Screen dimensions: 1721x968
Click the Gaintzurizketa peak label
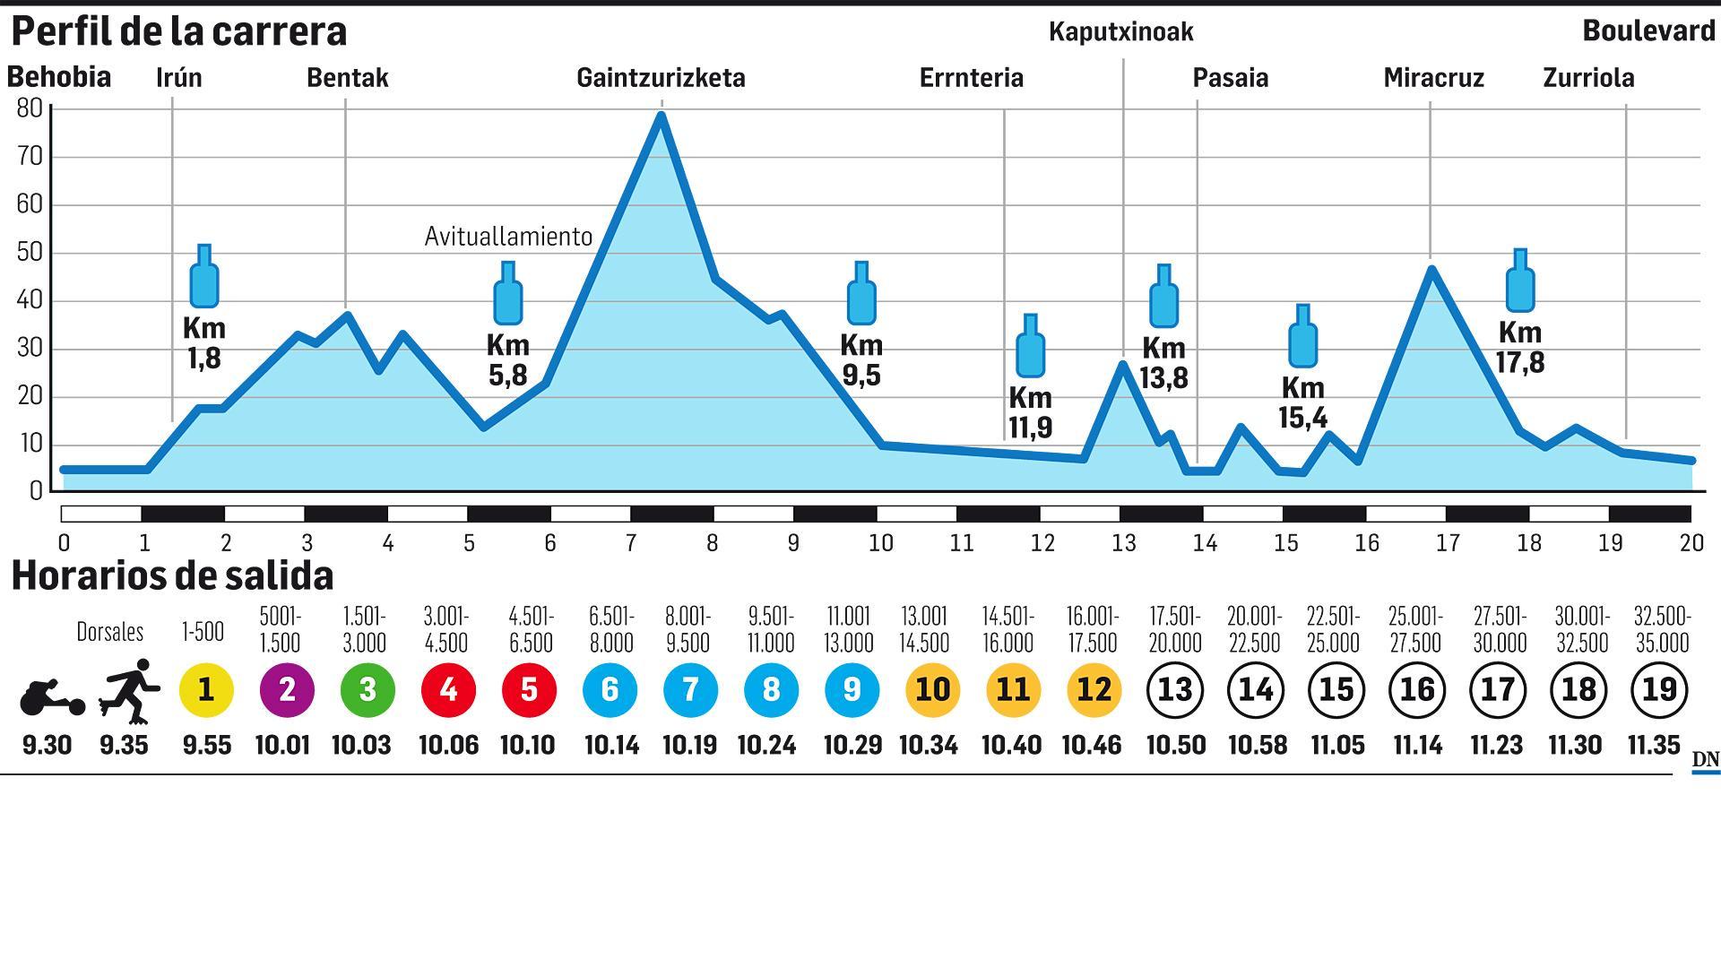point(661,78)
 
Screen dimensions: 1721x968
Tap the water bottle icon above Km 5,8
point(508,294)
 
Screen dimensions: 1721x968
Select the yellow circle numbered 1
point(206,689)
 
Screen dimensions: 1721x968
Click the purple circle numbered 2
point(287,689)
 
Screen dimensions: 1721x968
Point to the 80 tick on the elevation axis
point(30,109)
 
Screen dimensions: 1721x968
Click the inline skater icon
point(129,690)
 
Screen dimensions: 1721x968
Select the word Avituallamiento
point(508,237)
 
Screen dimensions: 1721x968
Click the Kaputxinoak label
point(1120,32)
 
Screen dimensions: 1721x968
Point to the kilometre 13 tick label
point(1123,543)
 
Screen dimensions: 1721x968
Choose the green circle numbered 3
point(368,689)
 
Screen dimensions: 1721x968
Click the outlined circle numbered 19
point(1659,689)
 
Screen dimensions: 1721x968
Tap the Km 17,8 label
point(1519,347)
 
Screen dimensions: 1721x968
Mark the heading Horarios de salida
point(172,575)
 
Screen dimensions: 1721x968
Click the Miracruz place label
point(1433,78)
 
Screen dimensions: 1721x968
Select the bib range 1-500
point(203,632)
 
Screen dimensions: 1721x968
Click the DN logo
point(1705,760)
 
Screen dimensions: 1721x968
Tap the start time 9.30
point(47,745)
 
